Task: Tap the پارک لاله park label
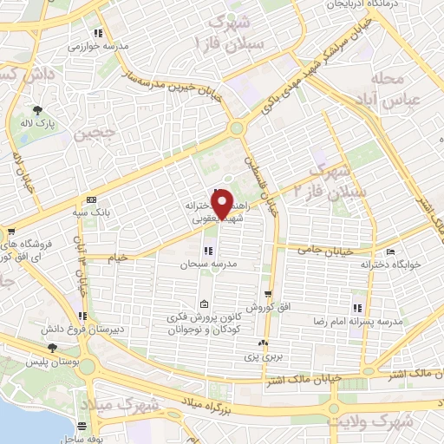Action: tap(38, 125)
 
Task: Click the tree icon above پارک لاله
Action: tap(38, 110)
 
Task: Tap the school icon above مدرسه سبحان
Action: tap(207, 251)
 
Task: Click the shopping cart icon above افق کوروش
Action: tap(269, 294)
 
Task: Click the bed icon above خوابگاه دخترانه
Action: tap(390, 251)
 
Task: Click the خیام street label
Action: tap(118, 258)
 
